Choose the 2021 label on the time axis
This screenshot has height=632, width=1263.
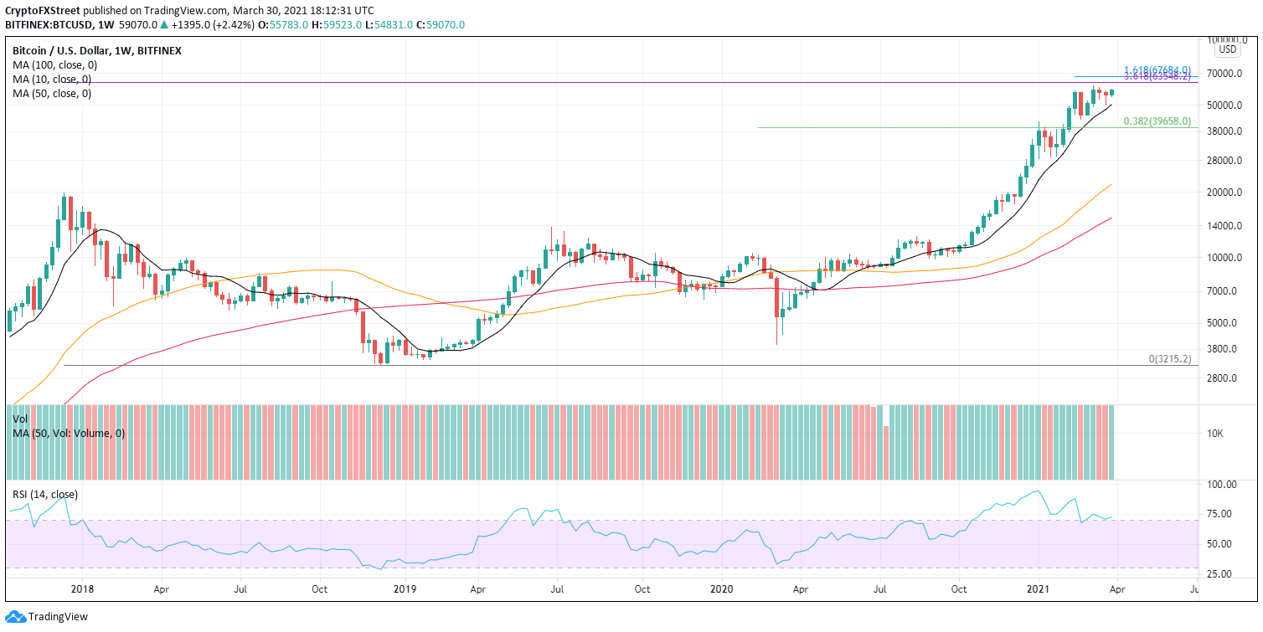click(1039, 588)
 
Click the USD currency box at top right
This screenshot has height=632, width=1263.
click(1227, 49)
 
